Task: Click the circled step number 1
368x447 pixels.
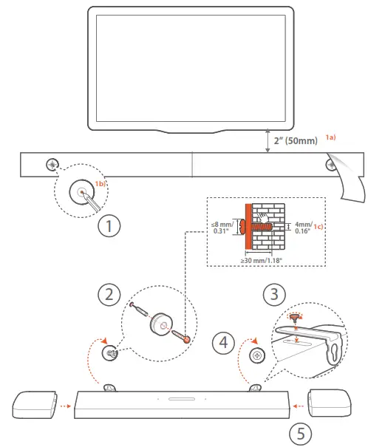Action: tap(109, 225)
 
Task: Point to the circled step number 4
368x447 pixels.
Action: tap(224, 342)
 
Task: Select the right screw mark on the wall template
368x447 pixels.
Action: tap(330, 165)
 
